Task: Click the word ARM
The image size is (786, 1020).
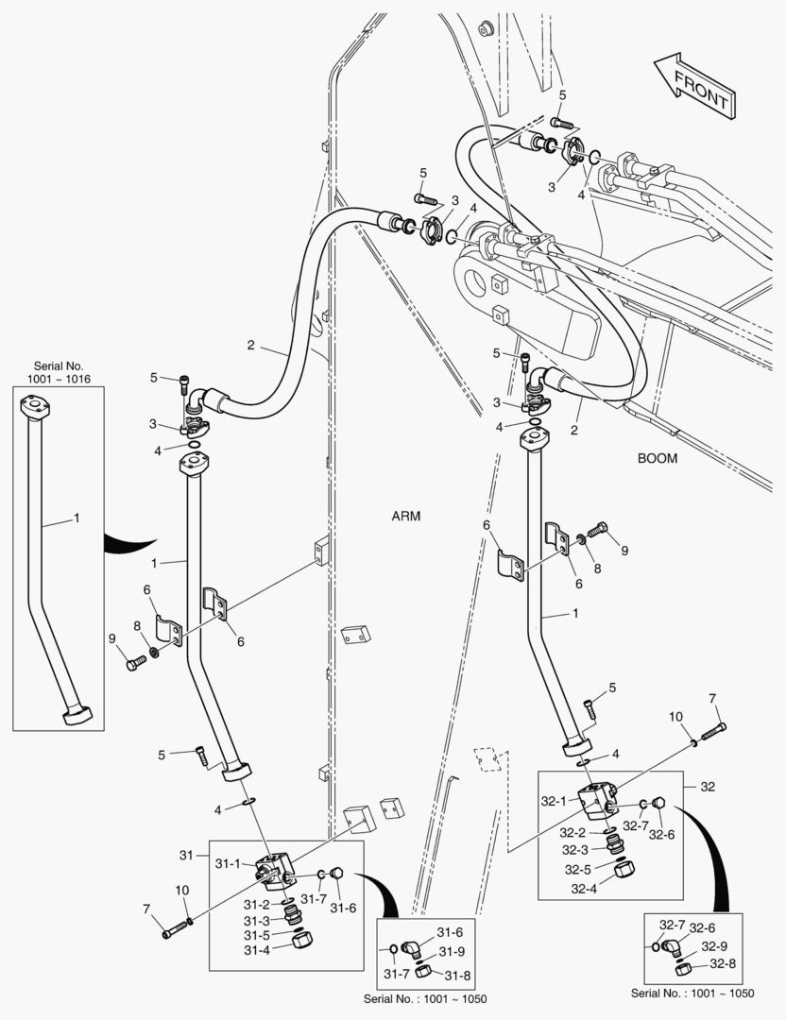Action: point(405,516)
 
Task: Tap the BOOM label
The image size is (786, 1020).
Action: point(658,457)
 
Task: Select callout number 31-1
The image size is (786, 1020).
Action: point(230,863)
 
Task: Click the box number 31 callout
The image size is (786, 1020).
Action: point(187,854)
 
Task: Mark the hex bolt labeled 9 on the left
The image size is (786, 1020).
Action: point(133,664)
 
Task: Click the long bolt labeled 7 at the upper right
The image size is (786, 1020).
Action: point(712,729)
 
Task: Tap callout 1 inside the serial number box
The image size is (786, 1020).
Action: point(77,518)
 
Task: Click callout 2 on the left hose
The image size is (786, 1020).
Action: point(251,345)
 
